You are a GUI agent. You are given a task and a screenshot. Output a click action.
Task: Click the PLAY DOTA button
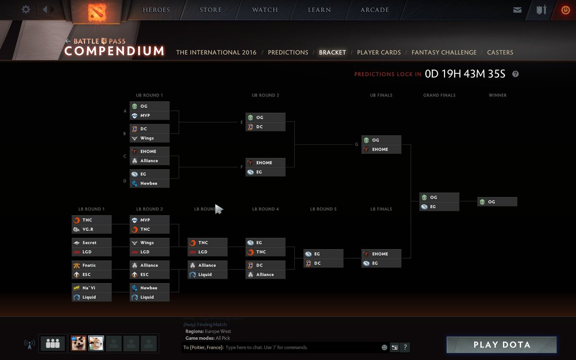coord(502,345)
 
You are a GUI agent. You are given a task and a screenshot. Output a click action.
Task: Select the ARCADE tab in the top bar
coord(374,10)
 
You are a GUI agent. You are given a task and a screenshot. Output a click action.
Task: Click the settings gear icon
coord(26,9)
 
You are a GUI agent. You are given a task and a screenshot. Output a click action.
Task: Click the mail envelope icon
coord(517,10)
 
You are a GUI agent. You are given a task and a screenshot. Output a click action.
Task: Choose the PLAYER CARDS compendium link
coord(379,52)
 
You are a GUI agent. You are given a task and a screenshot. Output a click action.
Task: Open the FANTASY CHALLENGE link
coord(444,52)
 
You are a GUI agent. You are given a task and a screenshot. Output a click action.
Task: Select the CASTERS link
coord(500,52)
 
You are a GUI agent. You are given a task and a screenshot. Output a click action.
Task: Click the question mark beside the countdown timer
coord(516,74)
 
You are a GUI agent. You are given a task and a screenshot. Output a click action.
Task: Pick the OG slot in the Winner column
coord(497,202)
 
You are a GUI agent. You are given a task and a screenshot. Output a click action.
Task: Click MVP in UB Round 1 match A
coord(149,116)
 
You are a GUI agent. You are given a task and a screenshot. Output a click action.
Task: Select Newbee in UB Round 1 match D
coord(149,183)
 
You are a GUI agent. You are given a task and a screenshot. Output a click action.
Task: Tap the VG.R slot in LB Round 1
coord(91,229)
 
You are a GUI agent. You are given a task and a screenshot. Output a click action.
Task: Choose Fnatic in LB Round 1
coord(91,265)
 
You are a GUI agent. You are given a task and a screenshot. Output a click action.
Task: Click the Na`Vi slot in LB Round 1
coord(91,288)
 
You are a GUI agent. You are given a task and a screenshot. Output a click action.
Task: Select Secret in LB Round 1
coord(91,243)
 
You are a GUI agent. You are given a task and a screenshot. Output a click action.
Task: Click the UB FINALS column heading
coord(381,96)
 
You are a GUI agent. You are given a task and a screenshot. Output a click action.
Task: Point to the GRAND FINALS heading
coord(439,96)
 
